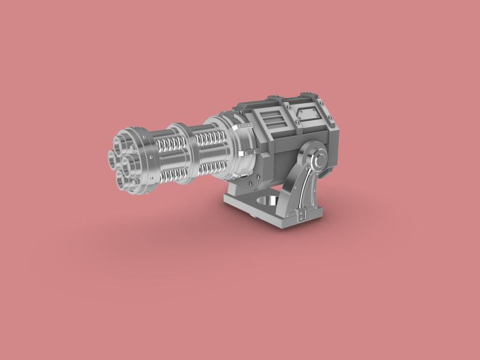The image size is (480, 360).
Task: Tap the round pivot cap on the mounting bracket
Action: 319,160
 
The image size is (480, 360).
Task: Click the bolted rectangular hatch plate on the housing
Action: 309,112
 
